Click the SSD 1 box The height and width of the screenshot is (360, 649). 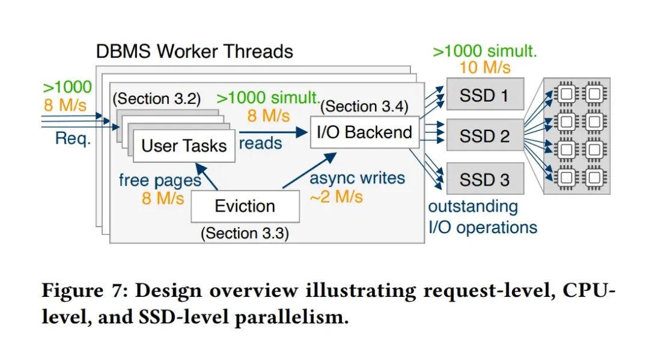coord(484,94)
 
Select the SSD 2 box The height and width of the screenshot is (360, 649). coord(484,136)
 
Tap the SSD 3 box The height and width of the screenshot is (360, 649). coord(484,179)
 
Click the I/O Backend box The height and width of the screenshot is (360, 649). coord(364,132)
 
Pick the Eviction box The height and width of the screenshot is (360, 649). coord(245,207)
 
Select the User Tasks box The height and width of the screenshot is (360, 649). coord(184,145)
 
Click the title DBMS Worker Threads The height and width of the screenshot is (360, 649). coord(194,51)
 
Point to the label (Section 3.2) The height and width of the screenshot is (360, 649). coord(157,99)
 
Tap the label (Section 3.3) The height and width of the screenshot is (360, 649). coord(245,233)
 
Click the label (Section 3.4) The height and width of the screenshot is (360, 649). coord(364,107)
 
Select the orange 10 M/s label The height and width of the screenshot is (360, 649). coord(484,67)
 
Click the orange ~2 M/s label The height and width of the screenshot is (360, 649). coord(336,196)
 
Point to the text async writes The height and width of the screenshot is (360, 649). coord(357,178)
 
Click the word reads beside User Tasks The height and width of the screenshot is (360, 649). coord(260,143)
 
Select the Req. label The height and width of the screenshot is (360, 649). coord(73,139)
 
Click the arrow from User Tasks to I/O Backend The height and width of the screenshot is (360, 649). coord(273,130)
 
